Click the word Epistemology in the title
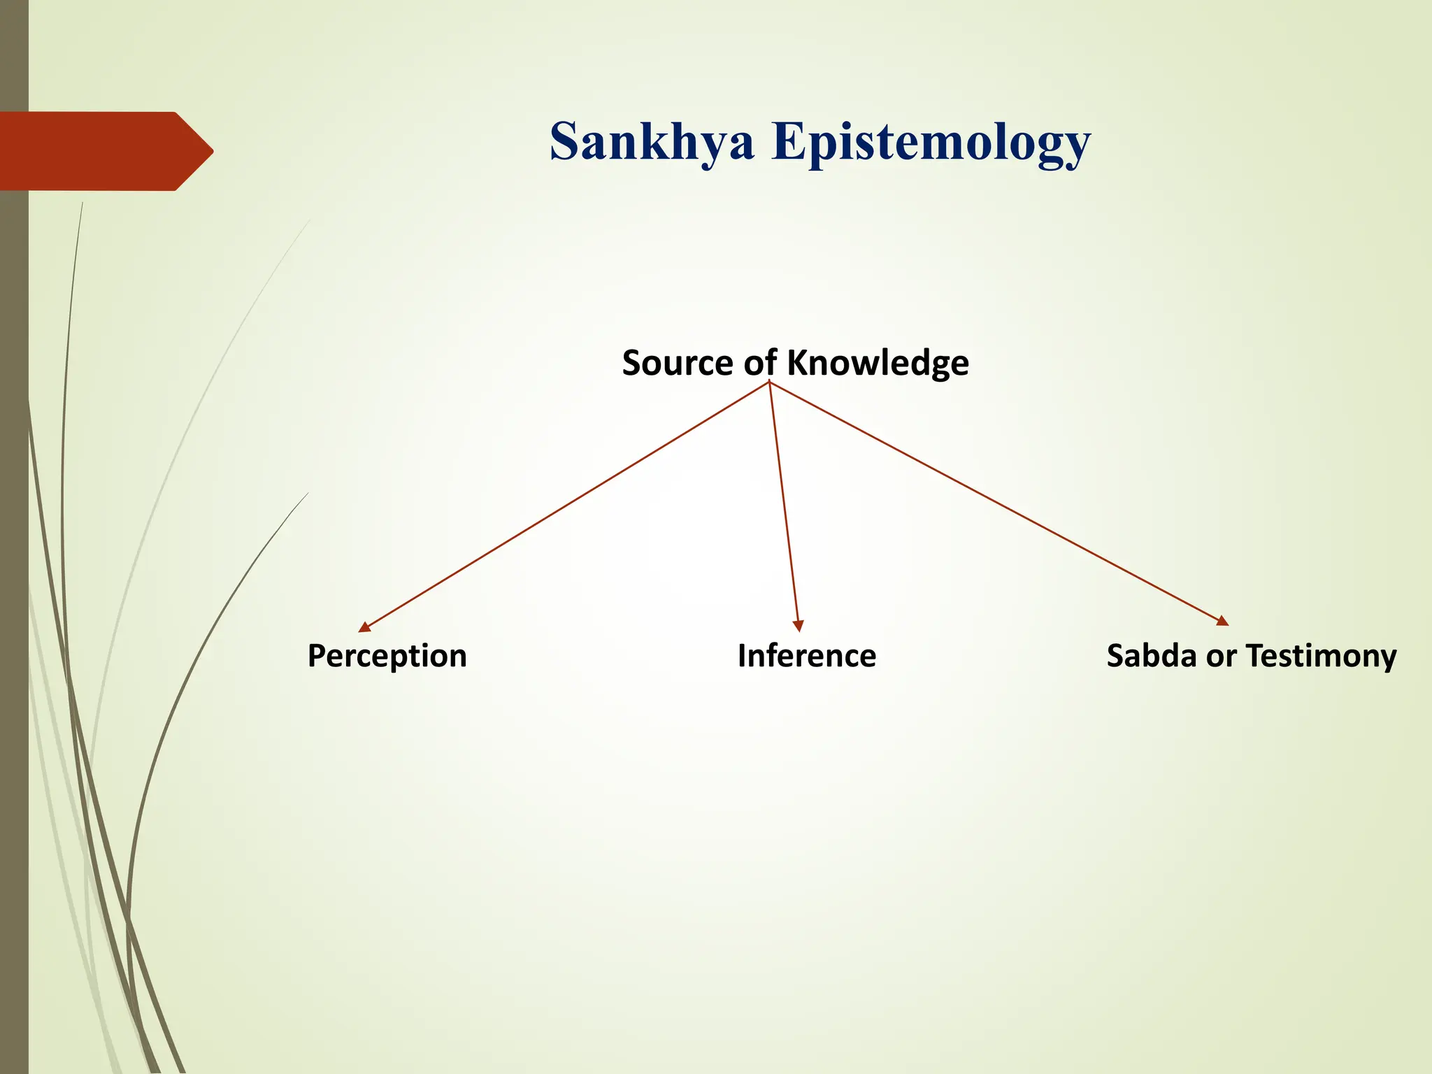[x=930, y=142]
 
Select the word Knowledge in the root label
[x=878, y=363]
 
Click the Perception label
[x=387, y=657]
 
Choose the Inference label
[x=806, y=656]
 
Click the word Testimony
[x=1321, y=657]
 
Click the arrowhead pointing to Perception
[x=364, y=627]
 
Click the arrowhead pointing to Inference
[x=798, y=626]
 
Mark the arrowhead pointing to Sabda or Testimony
[x=1222, y=621]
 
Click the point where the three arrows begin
[x=769, y=382]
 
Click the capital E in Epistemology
[x=789, y=142]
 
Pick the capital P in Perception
[x=317, y=656]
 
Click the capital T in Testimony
[x=1255, y=656]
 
